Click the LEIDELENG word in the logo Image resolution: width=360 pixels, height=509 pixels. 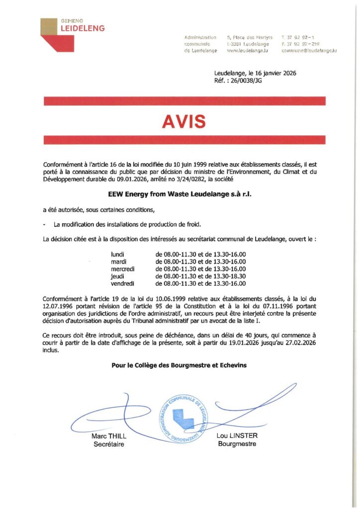tap(82, 29)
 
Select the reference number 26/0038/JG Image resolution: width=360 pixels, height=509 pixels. tap(245, 81)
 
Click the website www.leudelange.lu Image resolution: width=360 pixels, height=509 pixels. tap(248, 51)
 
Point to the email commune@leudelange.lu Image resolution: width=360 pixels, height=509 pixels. tap(309, 51)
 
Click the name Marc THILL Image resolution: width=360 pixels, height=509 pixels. tap(109, 436)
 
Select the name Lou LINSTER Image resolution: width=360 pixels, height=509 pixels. tap(237, 435)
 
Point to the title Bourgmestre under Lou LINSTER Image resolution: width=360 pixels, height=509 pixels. tap(237, 444)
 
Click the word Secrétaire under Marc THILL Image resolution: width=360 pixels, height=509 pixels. tap(109, 444)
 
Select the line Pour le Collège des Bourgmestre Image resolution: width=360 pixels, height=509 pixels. tap(179, 365)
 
